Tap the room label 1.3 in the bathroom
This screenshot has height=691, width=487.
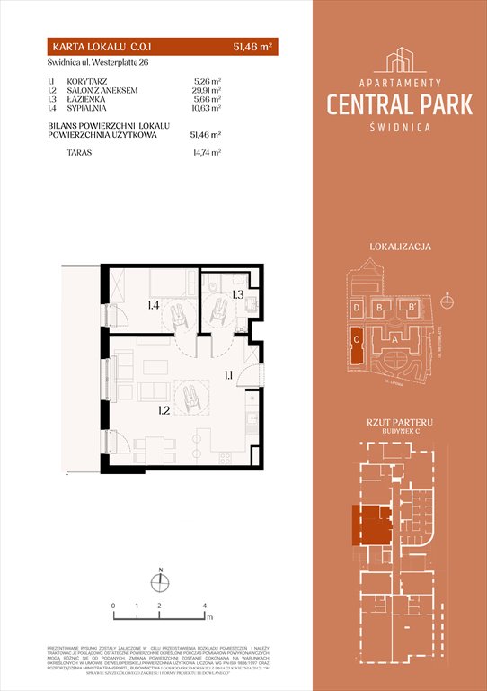(238, 294)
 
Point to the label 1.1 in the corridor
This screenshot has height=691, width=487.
(229, 376)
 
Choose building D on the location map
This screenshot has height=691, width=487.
(358, 309)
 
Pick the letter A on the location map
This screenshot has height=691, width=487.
(396, 339)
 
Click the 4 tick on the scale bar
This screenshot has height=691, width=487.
(206, 606)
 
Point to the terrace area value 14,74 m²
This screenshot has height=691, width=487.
(207, 153)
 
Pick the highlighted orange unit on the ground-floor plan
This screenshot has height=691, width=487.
(369, 524)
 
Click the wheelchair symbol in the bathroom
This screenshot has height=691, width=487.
(217, 312)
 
